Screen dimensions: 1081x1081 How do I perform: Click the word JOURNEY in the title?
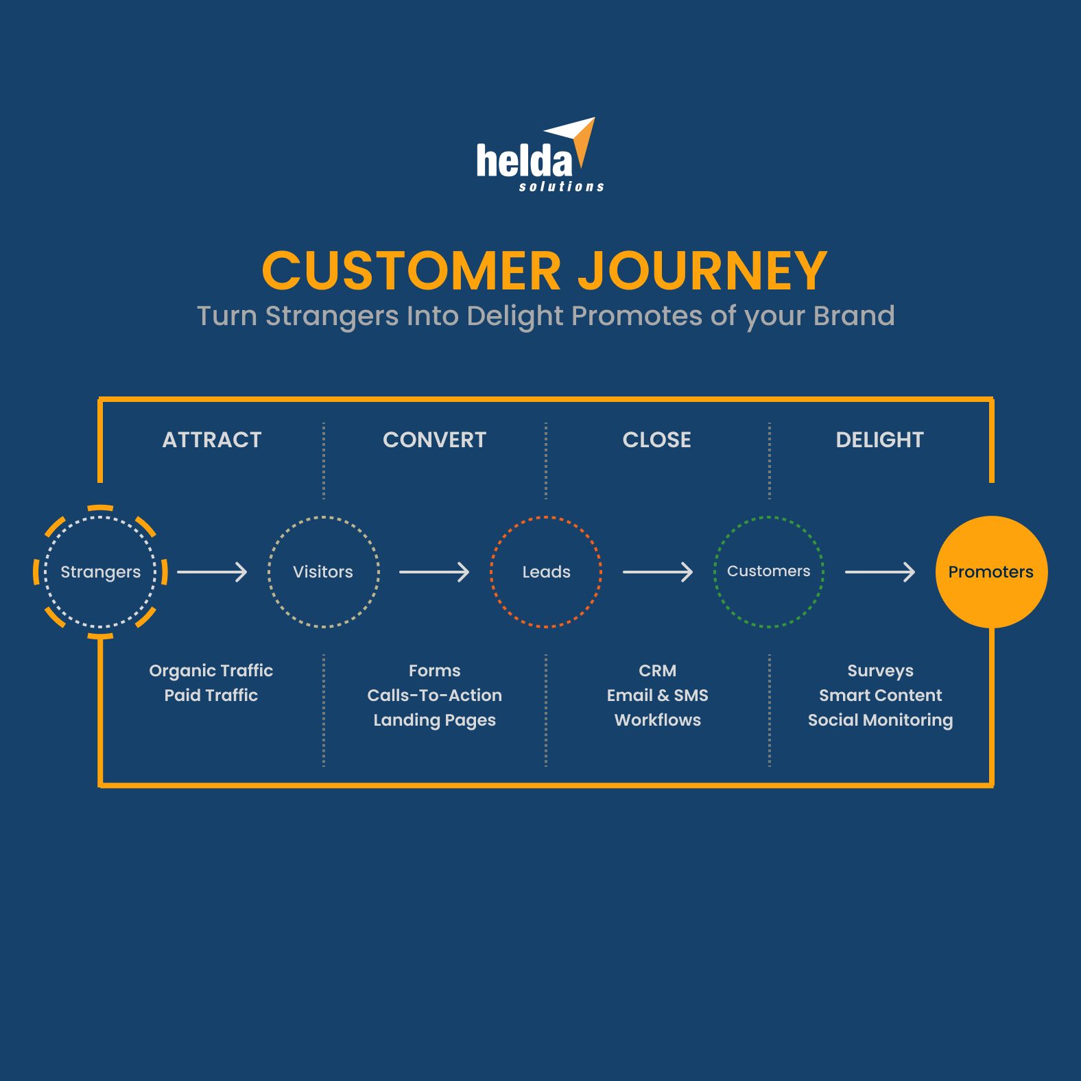point(702,271)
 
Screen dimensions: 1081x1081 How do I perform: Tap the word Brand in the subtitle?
point(853,316)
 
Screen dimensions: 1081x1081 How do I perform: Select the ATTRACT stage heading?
point(212,440)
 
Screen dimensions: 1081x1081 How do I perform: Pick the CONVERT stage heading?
point(434,440)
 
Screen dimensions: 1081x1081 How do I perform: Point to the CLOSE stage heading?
point(656,440)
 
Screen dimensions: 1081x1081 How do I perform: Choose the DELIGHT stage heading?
point(879,440)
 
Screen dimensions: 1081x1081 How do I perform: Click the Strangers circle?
point(101,572)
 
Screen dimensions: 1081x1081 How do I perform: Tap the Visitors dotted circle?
point(323,572)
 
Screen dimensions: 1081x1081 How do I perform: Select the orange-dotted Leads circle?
point(546,572)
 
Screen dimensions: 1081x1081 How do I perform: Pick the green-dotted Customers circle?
point(768,571)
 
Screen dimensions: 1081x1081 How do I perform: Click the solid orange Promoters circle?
point(991,572)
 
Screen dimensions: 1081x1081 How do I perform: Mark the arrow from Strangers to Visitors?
point(212,572)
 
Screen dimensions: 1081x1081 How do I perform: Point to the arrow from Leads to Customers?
point(657,572)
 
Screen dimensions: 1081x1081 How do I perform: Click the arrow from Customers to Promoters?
point(879,572)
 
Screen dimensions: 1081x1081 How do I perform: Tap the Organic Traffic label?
point(211,671)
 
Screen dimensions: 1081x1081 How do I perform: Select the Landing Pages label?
point(434,720)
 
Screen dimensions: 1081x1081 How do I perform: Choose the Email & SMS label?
point(657,696)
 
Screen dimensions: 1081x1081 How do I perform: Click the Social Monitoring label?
point(880,720)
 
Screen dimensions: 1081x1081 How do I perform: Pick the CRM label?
point(657,671)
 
